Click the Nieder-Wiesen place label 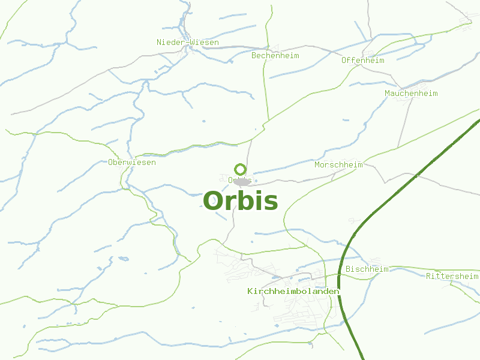[x=187, y=43]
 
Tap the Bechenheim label [x=275, y=56]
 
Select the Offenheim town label [x=362, y=60]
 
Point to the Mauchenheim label [x=411, y=94]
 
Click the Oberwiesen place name [x=132, y=163]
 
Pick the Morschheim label [x=338, y=164]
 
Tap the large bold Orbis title [x=240, y=201]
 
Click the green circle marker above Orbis [x=240, y=169]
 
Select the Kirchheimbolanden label [x=293, y=291]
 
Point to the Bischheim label [x=367, y=269]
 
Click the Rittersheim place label [x=452, y=276]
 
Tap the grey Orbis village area [x=242, y=181]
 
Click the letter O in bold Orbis [x=214, y=201]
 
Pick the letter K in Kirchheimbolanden [x=250, y=291]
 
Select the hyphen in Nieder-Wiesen [x=187, y=43]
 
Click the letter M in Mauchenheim [x=388, y=94]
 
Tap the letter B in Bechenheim [x=254, y=56]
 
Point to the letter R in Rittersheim [x=428, y=276]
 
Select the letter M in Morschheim [x=317, y=164]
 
